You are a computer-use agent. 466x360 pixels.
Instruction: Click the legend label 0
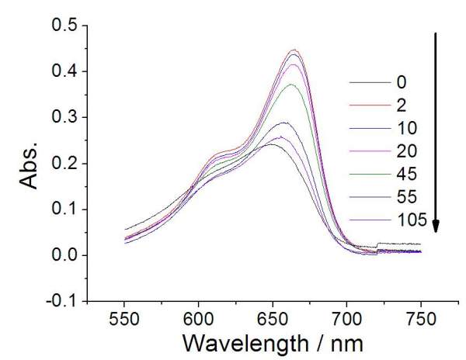[402, 81]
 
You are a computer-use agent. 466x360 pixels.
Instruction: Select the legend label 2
[402, 105]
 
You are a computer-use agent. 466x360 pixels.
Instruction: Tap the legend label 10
[405, 128]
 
